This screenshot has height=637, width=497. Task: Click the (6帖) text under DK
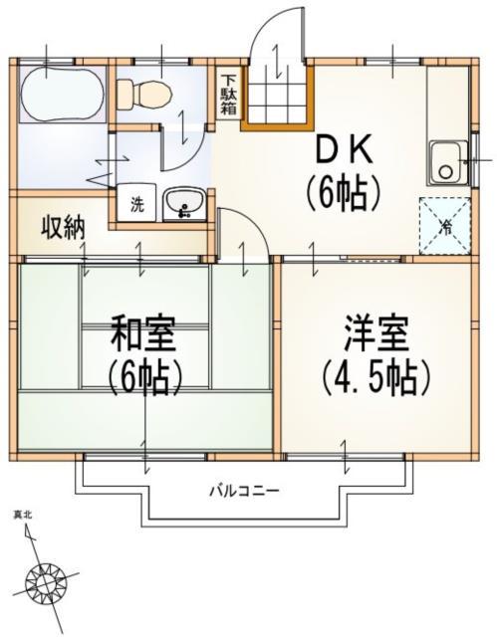point(344,191)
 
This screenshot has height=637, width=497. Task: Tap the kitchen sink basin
point(446,162)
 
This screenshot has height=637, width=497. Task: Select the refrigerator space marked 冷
point(444,225)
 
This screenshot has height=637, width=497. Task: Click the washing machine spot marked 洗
point(134,205)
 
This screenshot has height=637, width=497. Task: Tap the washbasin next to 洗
point(182,204)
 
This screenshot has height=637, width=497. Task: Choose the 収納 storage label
point(62,228)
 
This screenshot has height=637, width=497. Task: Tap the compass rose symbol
point(48,579)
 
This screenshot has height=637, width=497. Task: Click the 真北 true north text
point(22,515)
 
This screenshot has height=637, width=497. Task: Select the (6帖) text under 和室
point(144,378)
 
